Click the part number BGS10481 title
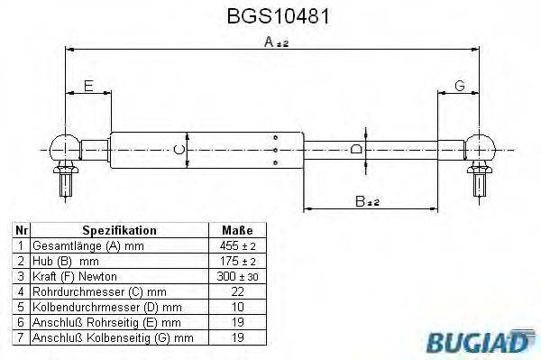pos(270,17)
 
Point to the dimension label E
pos(87,86)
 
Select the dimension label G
pos(459,86)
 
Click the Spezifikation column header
pos(119,230)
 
